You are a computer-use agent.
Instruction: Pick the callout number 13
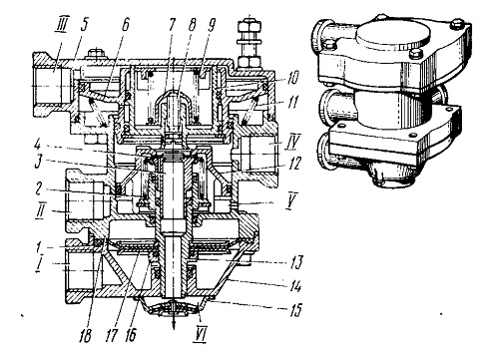295,262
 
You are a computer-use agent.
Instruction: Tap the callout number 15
294,310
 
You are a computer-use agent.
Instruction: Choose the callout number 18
85,335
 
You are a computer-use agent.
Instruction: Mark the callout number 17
111,335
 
